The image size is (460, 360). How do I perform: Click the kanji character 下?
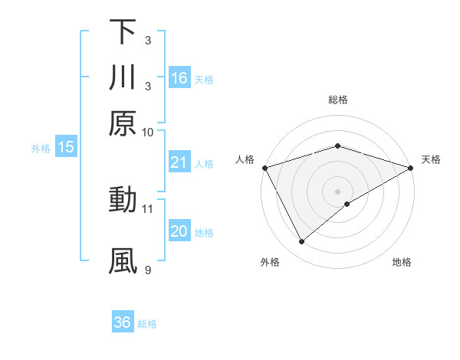click(123, 32)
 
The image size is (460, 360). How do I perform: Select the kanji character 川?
click(123, 78)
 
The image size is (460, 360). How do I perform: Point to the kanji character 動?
click(123, 200)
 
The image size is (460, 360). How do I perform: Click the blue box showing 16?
click(179, 78)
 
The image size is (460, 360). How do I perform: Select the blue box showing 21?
click(179, 162)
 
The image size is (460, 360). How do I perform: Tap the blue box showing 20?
click(179, 231)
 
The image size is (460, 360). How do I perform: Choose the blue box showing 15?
click(66, 148)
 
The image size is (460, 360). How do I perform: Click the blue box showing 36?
click(123, 322)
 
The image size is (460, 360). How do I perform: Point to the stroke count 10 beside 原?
click(148, 132)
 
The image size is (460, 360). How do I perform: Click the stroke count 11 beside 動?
click(148, 208)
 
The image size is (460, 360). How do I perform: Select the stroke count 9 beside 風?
click(148, 269)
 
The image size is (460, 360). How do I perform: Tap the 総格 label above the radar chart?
click(337, 100)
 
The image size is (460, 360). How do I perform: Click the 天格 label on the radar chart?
click(431, 159)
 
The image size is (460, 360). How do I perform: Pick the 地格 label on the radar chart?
click(402, 263)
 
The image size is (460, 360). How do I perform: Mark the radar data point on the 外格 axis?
click(302, 242)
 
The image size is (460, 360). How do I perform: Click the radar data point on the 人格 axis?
click(264, 168)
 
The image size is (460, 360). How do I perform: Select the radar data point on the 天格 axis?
click(411, 168)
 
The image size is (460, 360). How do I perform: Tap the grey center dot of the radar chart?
click(337, 191)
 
